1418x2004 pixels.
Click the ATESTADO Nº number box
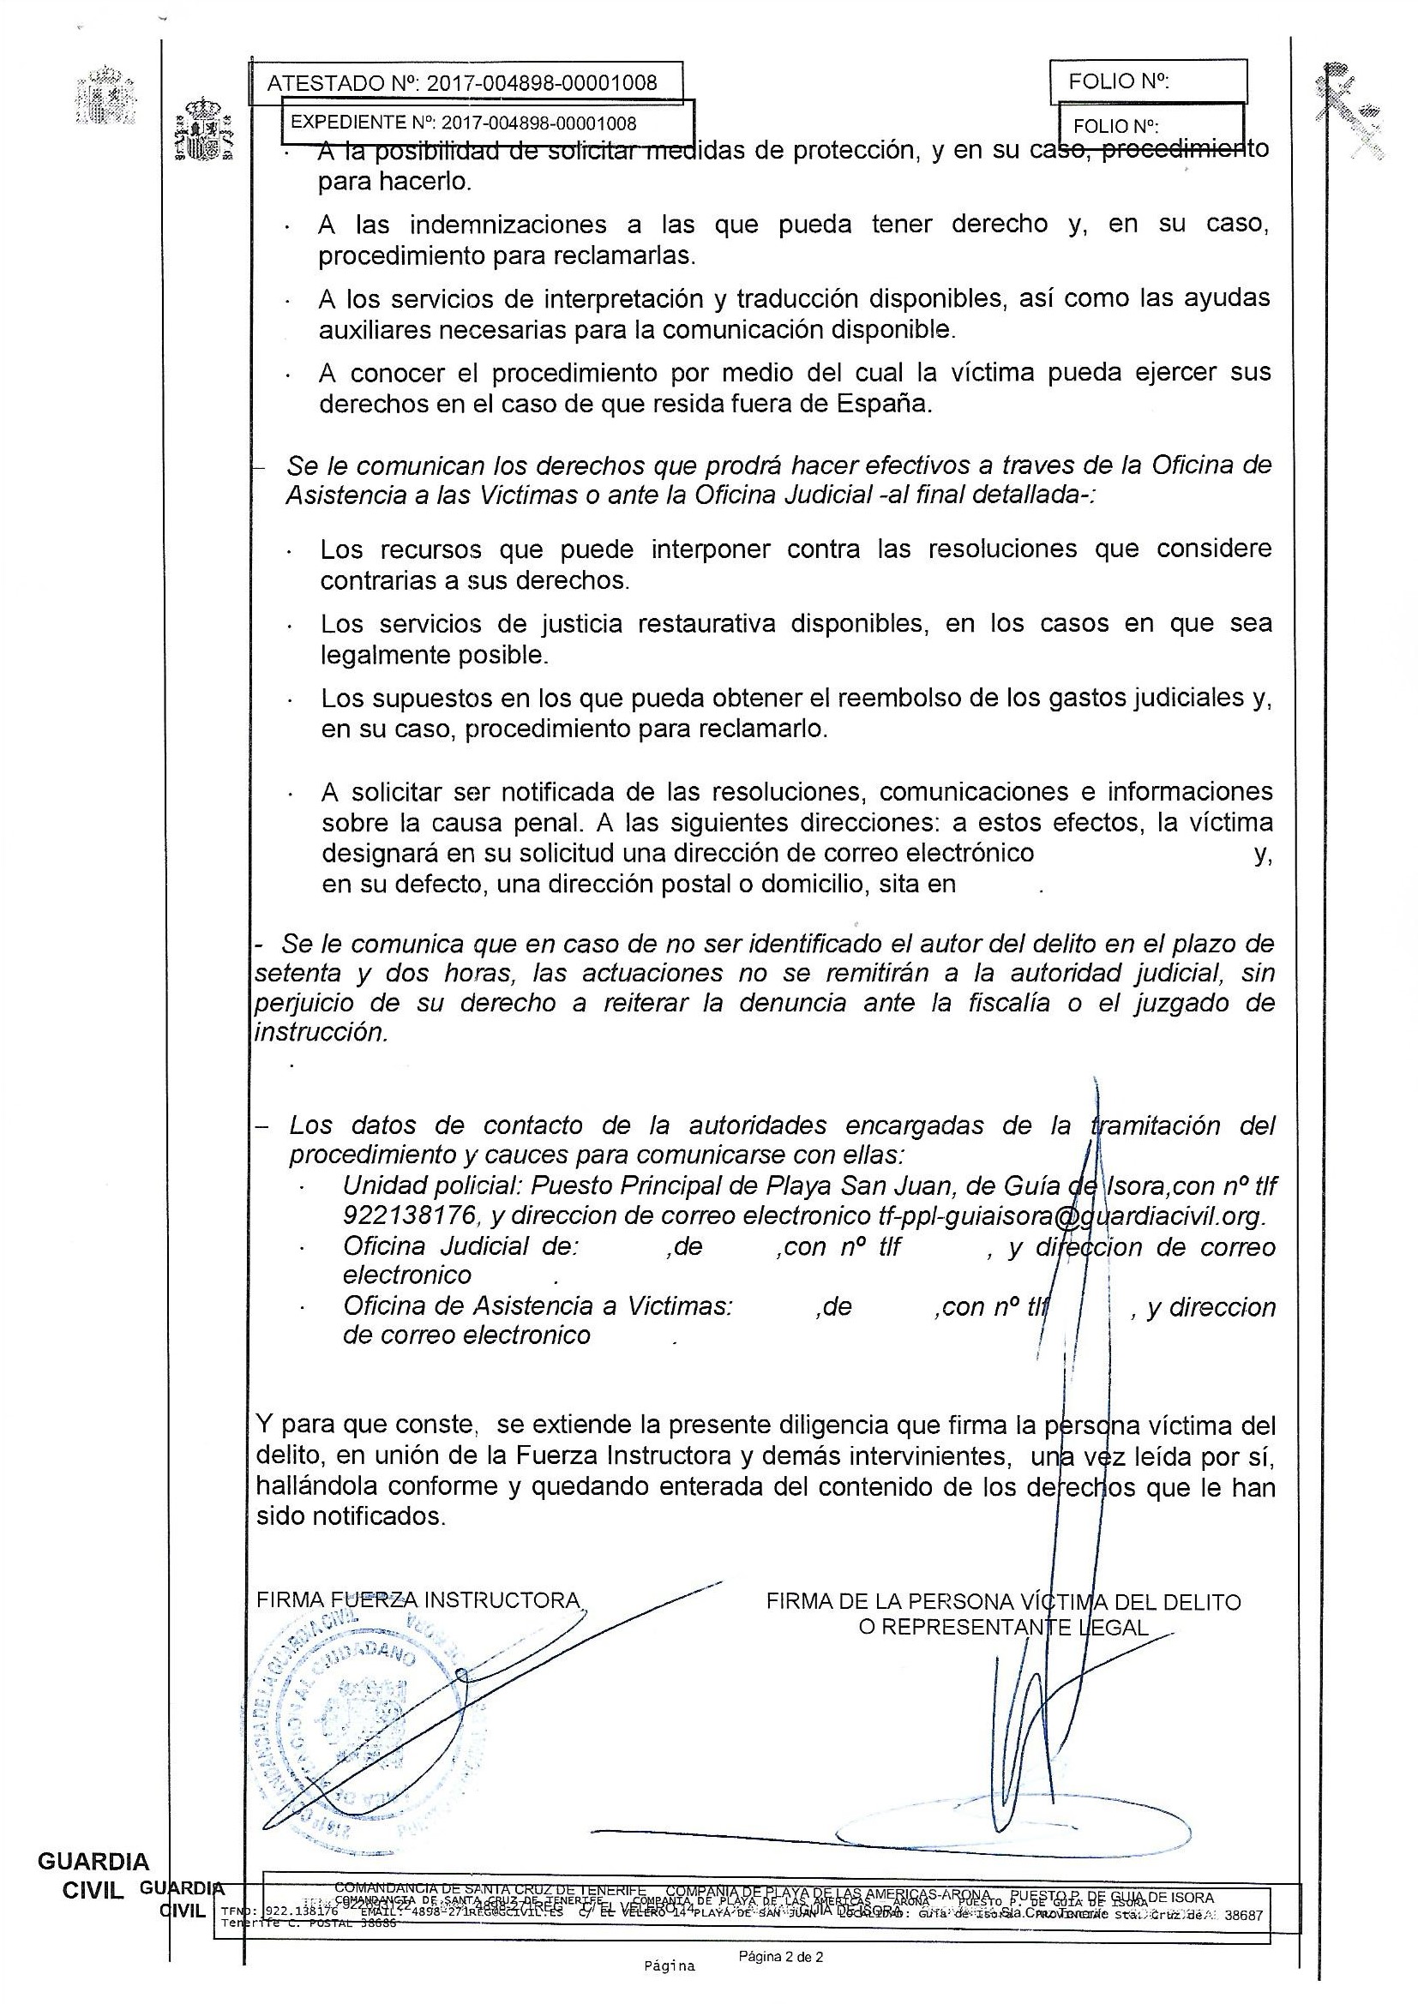click(466, 83)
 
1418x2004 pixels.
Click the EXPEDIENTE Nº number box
click(487, 123)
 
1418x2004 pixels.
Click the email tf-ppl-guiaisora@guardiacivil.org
click(1071, 1215)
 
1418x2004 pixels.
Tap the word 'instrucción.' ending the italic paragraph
click(321, 1033)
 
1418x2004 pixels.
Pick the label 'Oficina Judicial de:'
click(460, 1246)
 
